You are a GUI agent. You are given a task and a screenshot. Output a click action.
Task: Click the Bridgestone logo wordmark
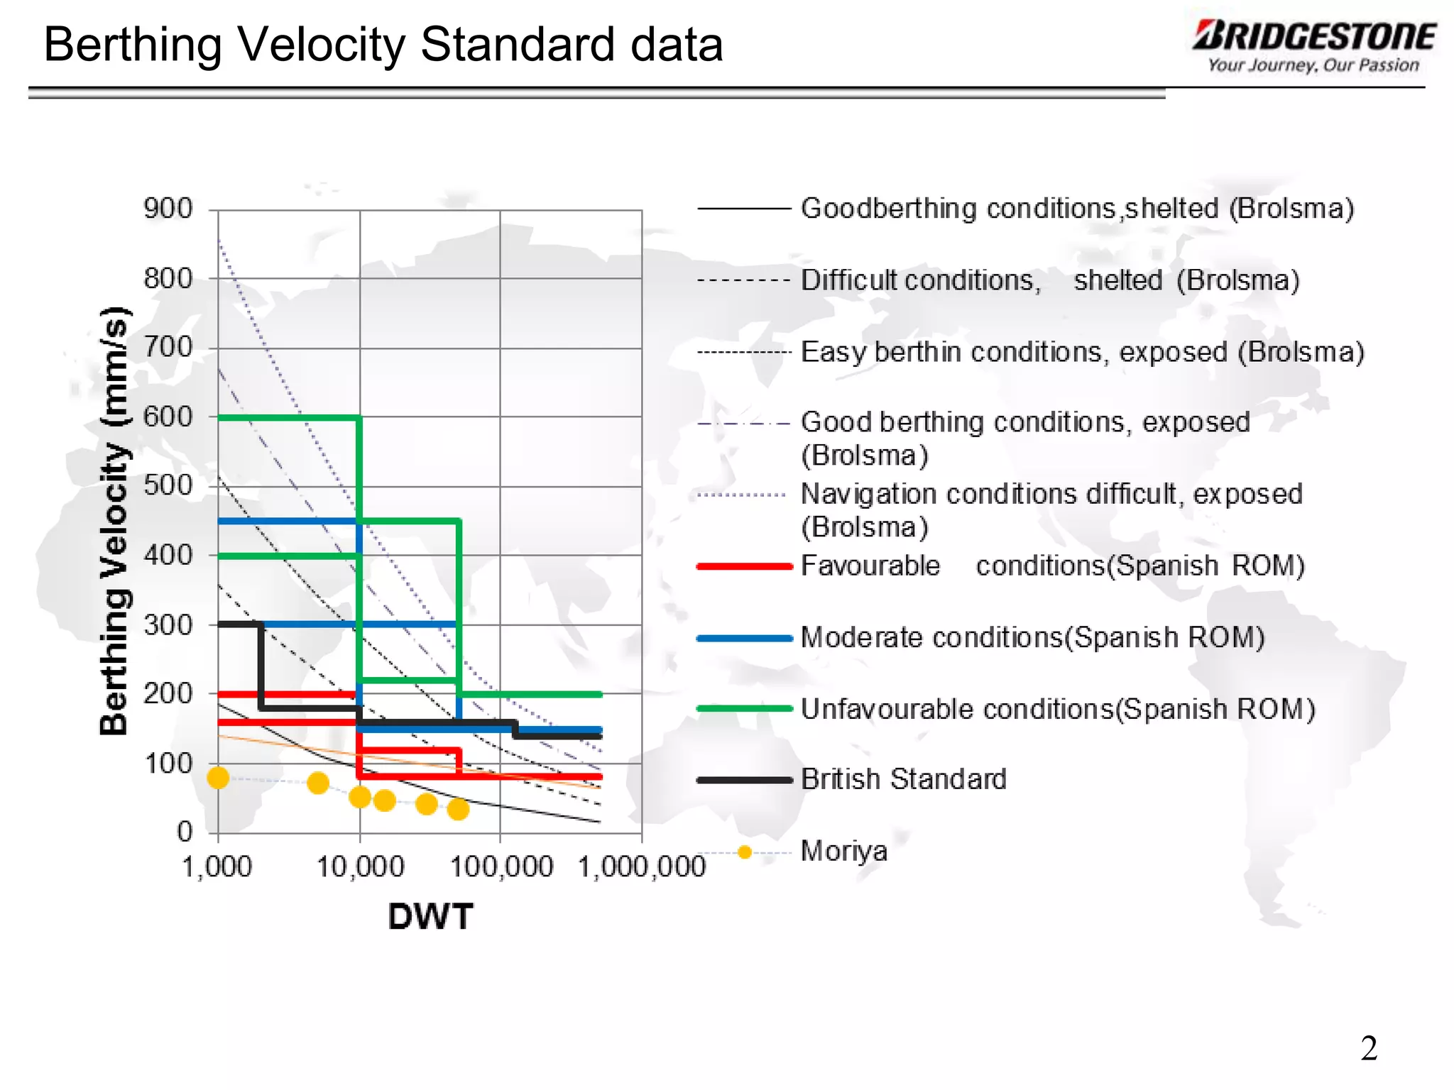(x=1313, y=36)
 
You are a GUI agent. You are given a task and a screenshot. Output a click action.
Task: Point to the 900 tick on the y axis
(x=168, y=209)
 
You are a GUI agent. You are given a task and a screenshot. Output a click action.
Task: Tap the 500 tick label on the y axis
(x=168, y=485)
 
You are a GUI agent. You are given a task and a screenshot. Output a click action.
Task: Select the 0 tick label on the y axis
(x=185, y=831)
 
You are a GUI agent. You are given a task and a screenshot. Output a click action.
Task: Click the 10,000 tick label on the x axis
(x=360, y=867)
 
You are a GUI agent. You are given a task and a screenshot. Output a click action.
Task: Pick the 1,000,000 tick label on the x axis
(x=642, y=867)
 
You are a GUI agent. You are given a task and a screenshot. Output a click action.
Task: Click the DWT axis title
(x=430, y=916)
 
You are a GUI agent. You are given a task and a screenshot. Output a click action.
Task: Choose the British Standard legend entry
(x=903, y=779)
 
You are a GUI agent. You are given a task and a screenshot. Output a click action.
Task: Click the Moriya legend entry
(x=843, y=851)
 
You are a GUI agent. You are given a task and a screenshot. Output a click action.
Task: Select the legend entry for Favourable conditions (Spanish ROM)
(x=1052, y=566)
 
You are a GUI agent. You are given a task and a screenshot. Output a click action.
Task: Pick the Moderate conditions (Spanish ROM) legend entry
(x=1032, y=637)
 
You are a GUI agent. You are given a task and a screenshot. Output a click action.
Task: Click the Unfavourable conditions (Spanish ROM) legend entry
(x=1058, y=709)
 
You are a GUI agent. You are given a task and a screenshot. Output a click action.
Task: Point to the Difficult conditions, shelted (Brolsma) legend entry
(x=1049, y=280)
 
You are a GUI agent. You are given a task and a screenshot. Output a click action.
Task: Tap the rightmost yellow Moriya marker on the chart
(x=459, y=809)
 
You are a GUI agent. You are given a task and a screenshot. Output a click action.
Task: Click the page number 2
(x=1369, y=1048)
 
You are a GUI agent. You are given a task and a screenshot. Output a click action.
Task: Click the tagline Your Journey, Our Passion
(x=1313, y=66)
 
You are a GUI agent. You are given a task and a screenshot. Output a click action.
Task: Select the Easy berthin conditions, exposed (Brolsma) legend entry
(x=1082, y=352)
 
